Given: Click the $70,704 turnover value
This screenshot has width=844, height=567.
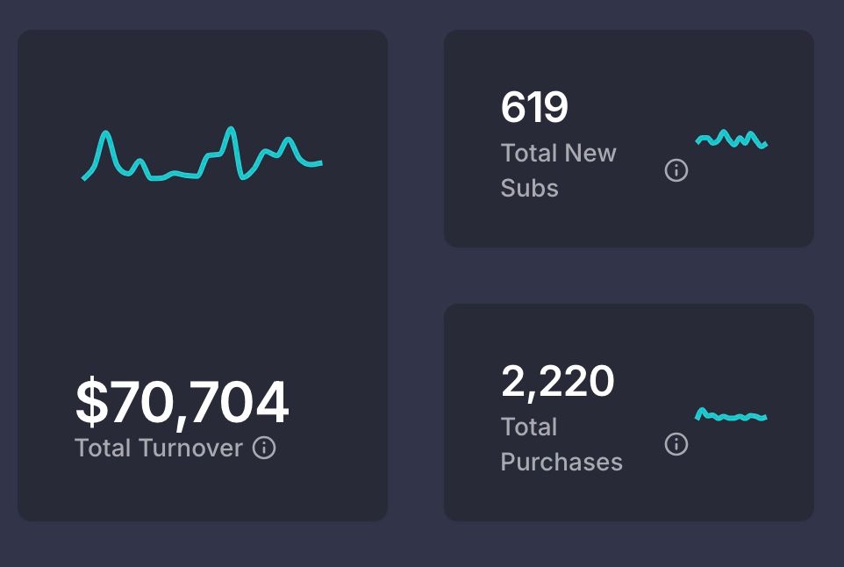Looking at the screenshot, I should (182, 402).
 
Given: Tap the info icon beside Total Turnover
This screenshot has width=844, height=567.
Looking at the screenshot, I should (264, 448).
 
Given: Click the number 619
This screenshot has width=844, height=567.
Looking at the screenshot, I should (534, 108).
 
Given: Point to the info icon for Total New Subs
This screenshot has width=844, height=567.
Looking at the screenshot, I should (676, 170).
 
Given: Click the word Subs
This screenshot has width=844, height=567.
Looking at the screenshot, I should (529, 188).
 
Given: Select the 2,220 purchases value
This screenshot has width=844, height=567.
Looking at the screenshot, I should (557, 381).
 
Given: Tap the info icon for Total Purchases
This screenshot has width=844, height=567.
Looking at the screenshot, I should (676, 444).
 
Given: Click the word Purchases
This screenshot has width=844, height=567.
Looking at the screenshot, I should (561, 462).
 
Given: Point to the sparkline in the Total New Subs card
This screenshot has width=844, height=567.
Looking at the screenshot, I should (732, 140).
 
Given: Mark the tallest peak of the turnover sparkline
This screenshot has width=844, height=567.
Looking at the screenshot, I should (231, 130).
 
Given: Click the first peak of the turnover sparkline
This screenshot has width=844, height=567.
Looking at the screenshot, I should (105, 133).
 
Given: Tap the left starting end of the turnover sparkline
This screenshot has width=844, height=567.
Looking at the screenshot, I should (84, 179).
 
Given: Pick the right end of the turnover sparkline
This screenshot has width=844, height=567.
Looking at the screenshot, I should (321, 162).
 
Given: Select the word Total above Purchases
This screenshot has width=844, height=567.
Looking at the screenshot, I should (529, 427).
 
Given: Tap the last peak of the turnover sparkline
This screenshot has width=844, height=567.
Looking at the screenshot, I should (286, 140).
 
